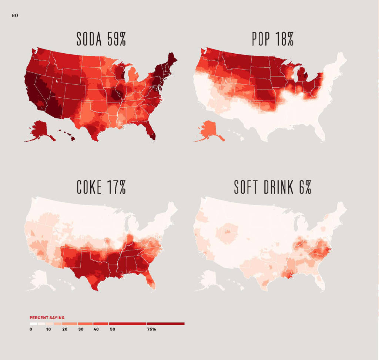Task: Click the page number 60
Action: pyautogui.click(x=15, y=16)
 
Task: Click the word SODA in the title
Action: pyautogui.click(x=89, y=39)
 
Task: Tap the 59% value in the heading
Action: pyautogui.click(x=117, y=39)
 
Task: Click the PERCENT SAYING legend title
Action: pyautogui.click(x=47, y=318)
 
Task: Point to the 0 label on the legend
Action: pyautogui.click(x=31, y=329)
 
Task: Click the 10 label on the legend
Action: pyautogui.click(x=48, y=329)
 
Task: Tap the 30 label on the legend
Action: pyautogui.click(x=80, y=329)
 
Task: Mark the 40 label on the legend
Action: pyautogui.click(x=96, y=329)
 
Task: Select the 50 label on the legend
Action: pyautogui.click(x=112, y=329)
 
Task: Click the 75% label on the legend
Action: pyautogui.click(x=151, y=329)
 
